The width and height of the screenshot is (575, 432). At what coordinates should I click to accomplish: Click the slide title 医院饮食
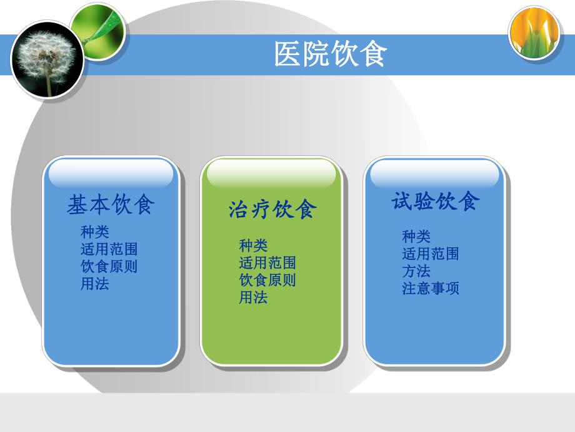[331, 54]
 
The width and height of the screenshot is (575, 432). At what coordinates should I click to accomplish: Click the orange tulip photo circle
[534, 33]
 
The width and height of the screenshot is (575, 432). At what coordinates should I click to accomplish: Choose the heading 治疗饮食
[272, 209]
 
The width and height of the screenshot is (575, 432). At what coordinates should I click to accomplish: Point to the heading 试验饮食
[436, 201]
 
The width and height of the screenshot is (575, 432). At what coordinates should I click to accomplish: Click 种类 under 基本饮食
[95, 232]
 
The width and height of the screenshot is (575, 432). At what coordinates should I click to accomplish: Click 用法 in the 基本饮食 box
[95, 283]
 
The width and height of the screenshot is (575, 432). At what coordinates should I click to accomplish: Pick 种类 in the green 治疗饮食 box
[253, 245]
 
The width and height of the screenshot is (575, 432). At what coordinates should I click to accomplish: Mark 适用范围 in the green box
[267, 262]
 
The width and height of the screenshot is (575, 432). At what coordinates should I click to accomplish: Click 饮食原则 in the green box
[267, 280]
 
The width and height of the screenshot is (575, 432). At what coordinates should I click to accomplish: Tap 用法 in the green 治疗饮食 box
[253, 297]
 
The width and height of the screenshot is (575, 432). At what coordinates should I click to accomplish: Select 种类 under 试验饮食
[416, 237]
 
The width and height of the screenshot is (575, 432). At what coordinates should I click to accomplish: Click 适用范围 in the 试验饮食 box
[431, 254]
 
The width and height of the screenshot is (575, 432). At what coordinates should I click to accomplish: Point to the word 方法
[416, 271]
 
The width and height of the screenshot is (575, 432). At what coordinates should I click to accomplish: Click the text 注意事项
[431, 289]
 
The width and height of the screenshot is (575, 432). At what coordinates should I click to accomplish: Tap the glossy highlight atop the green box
[271, 173]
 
